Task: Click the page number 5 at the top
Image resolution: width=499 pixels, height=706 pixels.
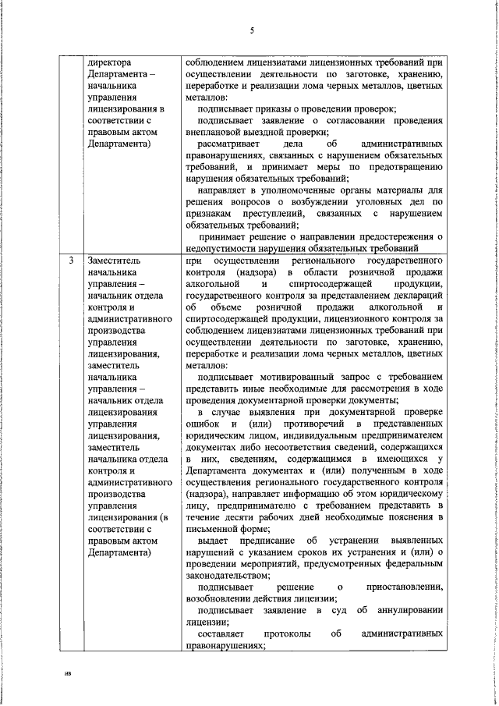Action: point(252,30)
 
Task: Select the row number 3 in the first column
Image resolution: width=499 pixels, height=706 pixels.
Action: point(71,260)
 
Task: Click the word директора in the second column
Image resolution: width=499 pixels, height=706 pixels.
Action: point(112,62)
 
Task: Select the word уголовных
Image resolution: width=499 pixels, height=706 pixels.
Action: point(370,202)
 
